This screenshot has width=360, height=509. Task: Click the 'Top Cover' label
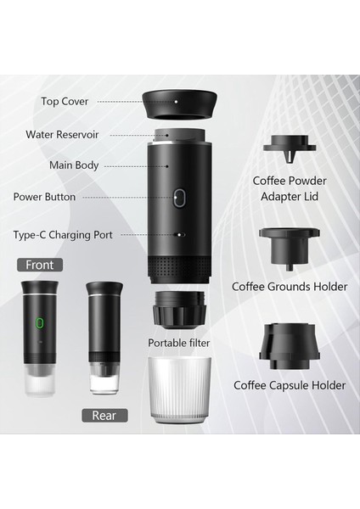tap(65, 102)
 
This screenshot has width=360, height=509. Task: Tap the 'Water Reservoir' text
tap(64, 134)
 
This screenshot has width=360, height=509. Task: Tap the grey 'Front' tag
tap(39, 265)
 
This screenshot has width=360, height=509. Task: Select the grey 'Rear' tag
tap(104, 415)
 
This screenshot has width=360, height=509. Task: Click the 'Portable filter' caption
tap(179, 344)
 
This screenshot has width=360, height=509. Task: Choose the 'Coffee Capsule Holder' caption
tap(290, 385)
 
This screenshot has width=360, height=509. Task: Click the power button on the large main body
tap(179, 199)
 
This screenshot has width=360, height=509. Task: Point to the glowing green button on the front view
tap(38, 323)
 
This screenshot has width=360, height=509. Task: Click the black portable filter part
tap(179, 310)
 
